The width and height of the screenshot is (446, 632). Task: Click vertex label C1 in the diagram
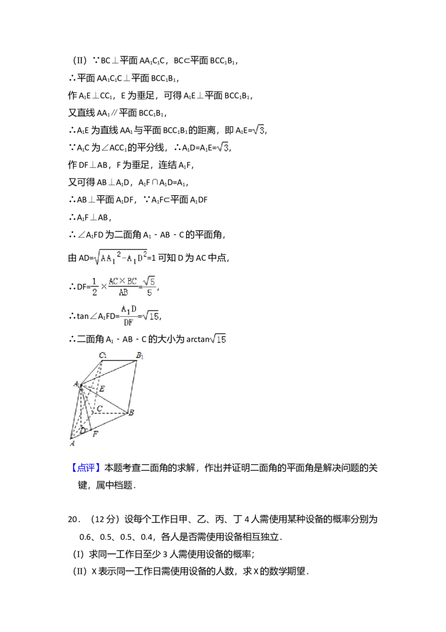tap(103, 355)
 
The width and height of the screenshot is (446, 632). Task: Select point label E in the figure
tap(101, 388)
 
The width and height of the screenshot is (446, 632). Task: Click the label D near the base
tap(83, 431)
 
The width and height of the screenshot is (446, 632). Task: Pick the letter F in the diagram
tap(96, 434)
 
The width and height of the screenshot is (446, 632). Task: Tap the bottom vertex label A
tap(71, 444)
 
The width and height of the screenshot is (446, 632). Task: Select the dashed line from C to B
tap(111, 413)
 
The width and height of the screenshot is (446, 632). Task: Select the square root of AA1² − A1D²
tap(121, 257)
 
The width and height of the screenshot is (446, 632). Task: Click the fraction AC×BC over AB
tap(123, 286)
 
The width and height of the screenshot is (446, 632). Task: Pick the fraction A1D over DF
tap(127, 316)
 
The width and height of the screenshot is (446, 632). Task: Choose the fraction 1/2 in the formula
tap(94, 286)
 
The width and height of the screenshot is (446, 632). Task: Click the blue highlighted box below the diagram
tap(86, 467)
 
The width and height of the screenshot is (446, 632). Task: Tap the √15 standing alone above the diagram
tap(216, 339)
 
